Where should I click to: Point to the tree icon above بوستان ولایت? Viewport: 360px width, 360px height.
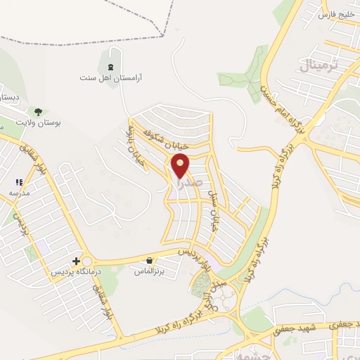click(38, 111)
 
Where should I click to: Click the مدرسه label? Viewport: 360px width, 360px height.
click(19, 192)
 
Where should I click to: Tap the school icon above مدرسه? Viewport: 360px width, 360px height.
click(19, 182)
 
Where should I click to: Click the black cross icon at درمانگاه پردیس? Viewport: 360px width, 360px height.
click(76, 262)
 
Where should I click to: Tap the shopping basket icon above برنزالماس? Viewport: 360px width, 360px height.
click(150, 261)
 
